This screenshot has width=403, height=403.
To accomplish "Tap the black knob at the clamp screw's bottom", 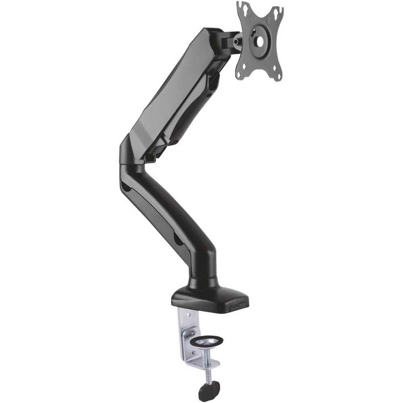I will click(x=208, y=389).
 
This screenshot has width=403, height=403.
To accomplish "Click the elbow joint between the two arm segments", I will click(x=131, y=157).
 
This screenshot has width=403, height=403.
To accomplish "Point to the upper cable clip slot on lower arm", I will click(x=126, y=188).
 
